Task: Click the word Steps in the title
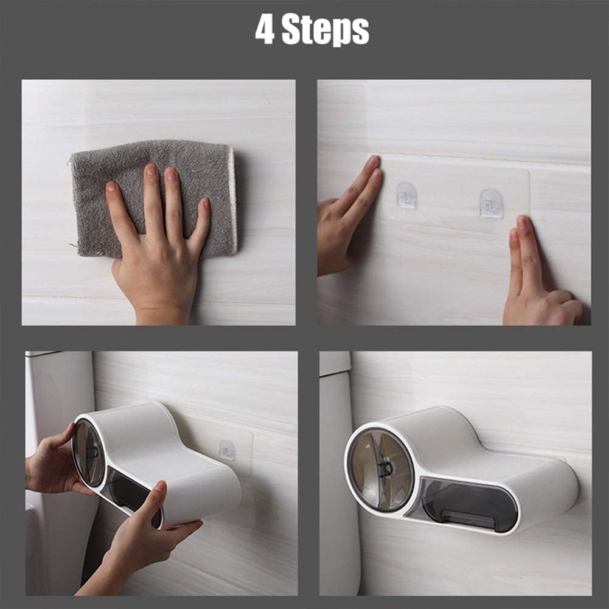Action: point(326,30)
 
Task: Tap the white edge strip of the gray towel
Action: point(231,201)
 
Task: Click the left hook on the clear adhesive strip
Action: point(406,196)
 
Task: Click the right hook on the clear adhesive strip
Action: point(491,203)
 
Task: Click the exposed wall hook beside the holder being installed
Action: point(227,450)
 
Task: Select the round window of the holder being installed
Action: point(89,453)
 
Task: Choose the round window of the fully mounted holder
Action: point(381,468)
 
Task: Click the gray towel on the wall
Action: point(152,176)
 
